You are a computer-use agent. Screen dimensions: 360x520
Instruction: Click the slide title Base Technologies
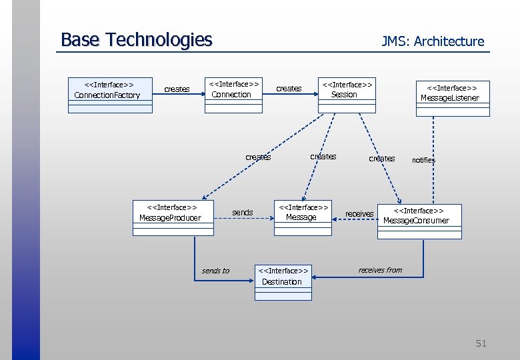136,40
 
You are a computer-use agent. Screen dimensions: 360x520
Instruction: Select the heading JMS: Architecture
433,41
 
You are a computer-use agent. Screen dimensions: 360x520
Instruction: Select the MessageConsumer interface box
419,221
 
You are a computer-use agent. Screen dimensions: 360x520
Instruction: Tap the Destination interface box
283,282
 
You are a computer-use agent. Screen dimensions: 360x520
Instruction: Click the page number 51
481,343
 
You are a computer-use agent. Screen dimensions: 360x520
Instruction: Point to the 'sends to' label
215,271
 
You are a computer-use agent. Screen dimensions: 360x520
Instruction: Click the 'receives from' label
380,270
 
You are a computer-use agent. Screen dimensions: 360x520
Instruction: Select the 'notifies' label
423,160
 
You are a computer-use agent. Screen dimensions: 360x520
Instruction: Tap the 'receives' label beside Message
359,214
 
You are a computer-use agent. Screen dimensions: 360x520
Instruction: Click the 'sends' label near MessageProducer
242,213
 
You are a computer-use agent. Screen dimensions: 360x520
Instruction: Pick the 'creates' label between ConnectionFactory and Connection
177,89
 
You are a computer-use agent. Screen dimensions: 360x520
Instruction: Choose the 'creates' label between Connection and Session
289,89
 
